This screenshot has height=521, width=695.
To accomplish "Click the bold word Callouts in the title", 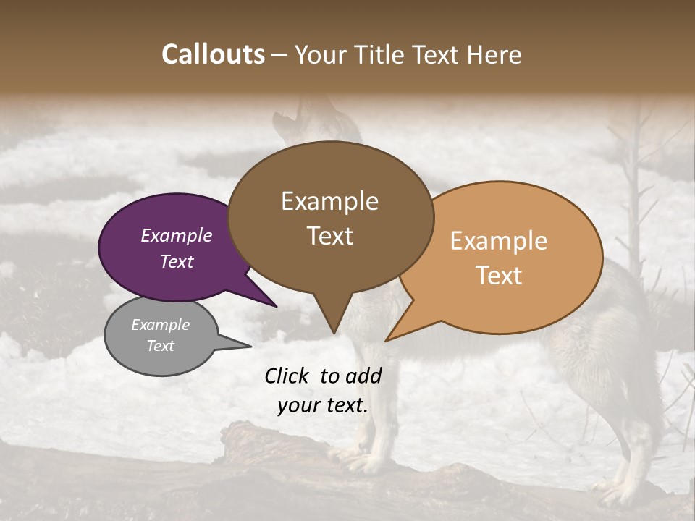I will click(x=213, y=54).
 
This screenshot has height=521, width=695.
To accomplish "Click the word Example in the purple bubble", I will click(x=176, y=236).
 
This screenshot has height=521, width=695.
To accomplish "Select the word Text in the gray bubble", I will click(x=161, y=346).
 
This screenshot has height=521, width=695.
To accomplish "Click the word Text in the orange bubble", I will click(x=499, y=276).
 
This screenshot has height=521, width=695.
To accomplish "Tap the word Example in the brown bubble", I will click(x=329, y=201).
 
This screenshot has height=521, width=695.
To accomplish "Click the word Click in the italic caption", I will click(x=287, y=376).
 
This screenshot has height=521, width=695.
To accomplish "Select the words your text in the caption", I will click(x=323, y=406).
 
